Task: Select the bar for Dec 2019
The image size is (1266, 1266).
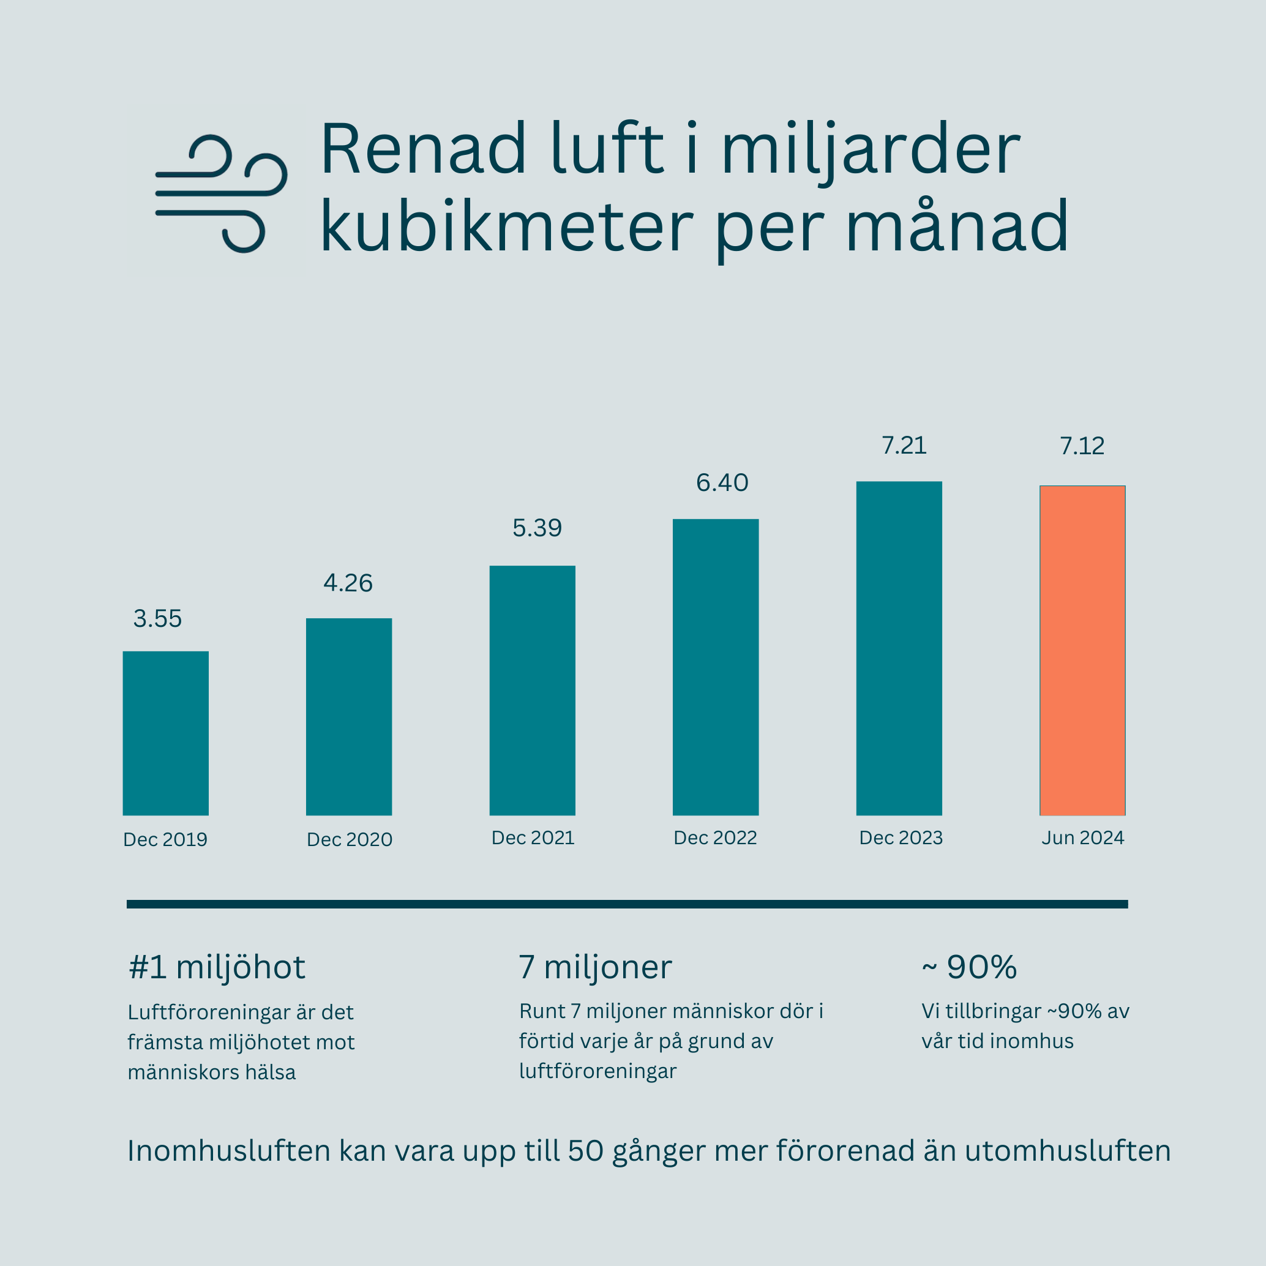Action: point(166,733)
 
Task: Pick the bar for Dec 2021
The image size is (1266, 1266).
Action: point(532,691)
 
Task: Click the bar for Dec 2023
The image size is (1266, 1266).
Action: point(899,649)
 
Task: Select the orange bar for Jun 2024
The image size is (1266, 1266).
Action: point(1082,651)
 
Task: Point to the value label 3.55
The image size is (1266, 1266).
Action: point(157,618)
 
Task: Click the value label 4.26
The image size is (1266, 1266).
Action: point(348,583)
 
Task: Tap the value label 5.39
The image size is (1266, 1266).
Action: point(537,528)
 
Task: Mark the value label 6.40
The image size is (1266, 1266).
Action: point(722,483)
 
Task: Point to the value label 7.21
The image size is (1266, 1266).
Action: point(904,446)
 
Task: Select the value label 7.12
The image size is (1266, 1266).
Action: point(1082,446)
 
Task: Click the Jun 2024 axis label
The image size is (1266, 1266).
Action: point(1083,838)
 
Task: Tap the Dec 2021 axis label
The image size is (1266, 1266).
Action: point(533,838)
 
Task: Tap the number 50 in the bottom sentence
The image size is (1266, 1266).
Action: point(585,1152)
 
